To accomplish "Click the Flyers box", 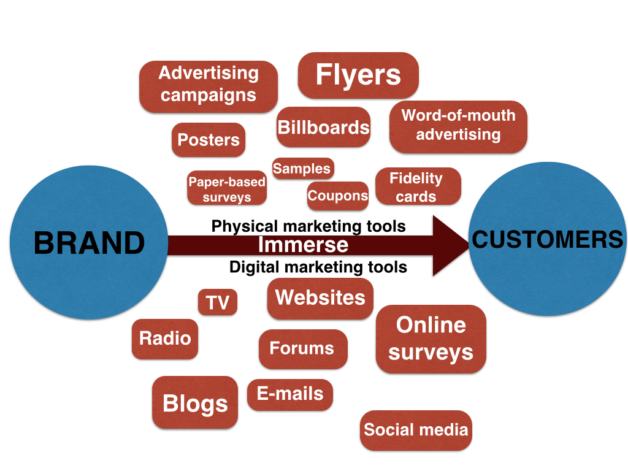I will pos(358,75).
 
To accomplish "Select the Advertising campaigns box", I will pos(209,86).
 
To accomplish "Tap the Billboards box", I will pos(323,127).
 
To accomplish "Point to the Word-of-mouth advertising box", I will pos(458,126).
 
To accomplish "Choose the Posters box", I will pos(209,140).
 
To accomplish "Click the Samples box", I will pos(302,169).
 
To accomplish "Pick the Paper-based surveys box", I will pos(227,188).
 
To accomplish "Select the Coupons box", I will pos(338,196).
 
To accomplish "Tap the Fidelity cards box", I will pos(416,186).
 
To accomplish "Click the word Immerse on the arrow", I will pos(303,245).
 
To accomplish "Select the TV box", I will pos(218,302).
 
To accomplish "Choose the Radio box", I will pos(165,338).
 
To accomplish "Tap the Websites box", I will pos(320,298).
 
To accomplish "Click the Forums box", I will pos(302,348).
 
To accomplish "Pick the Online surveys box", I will pos(431,339).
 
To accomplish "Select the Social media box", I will pos(416,430).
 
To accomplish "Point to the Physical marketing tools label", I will pos(308,226).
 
